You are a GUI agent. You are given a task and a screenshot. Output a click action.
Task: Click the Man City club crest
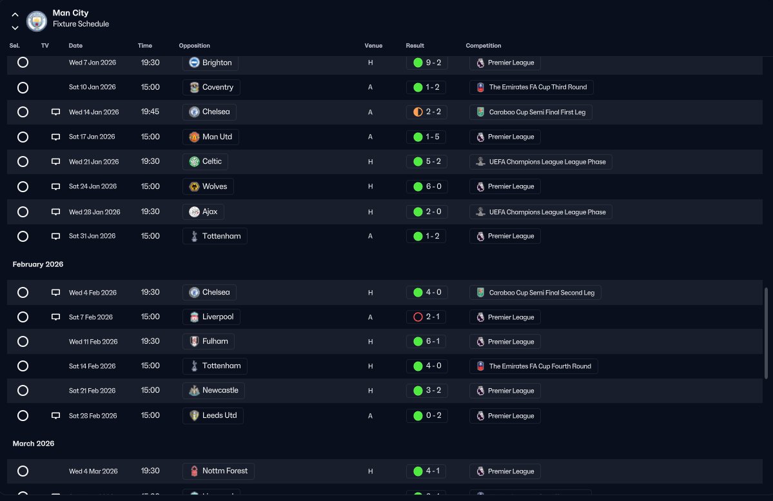(37, 21)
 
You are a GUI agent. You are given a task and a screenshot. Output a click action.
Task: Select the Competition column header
(483, 45)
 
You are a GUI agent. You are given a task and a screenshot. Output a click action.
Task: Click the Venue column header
(373, 45)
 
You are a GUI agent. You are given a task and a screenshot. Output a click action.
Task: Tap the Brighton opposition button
(211, 63)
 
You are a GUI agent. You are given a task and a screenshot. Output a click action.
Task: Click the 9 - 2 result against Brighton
(427, 63)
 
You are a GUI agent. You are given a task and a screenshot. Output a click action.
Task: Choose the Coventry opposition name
(217, 87)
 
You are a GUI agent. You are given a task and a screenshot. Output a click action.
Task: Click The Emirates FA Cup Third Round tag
(531, 87)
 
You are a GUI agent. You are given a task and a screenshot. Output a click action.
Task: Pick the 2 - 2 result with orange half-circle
(427, 112)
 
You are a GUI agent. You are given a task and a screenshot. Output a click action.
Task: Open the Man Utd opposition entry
(211, 137)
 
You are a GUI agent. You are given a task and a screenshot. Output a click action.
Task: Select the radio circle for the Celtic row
(23, 162)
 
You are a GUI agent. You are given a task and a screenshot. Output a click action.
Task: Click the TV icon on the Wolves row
(55, 186)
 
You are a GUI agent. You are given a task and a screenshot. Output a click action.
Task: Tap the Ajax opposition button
(203, 211)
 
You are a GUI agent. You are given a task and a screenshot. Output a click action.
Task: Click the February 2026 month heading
(38, 264)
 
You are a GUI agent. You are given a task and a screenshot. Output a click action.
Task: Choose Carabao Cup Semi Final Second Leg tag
(535, 293)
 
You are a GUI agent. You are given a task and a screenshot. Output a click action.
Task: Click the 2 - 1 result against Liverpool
(426, 317)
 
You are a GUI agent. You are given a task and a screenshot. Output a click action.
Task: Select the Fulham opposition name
(215, 341)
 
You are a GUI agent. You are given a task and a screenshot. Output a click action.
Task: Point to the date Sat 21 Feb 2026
(92, 391)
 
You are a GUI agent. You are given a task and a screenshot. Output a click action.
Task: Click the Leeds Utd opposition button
(213, 416)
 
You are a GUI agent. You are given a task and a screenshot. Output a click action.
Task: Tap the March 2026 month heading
(34, 444)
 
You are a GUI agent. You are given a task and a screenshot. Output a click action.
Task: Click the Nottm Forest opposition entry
(219, 471)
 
